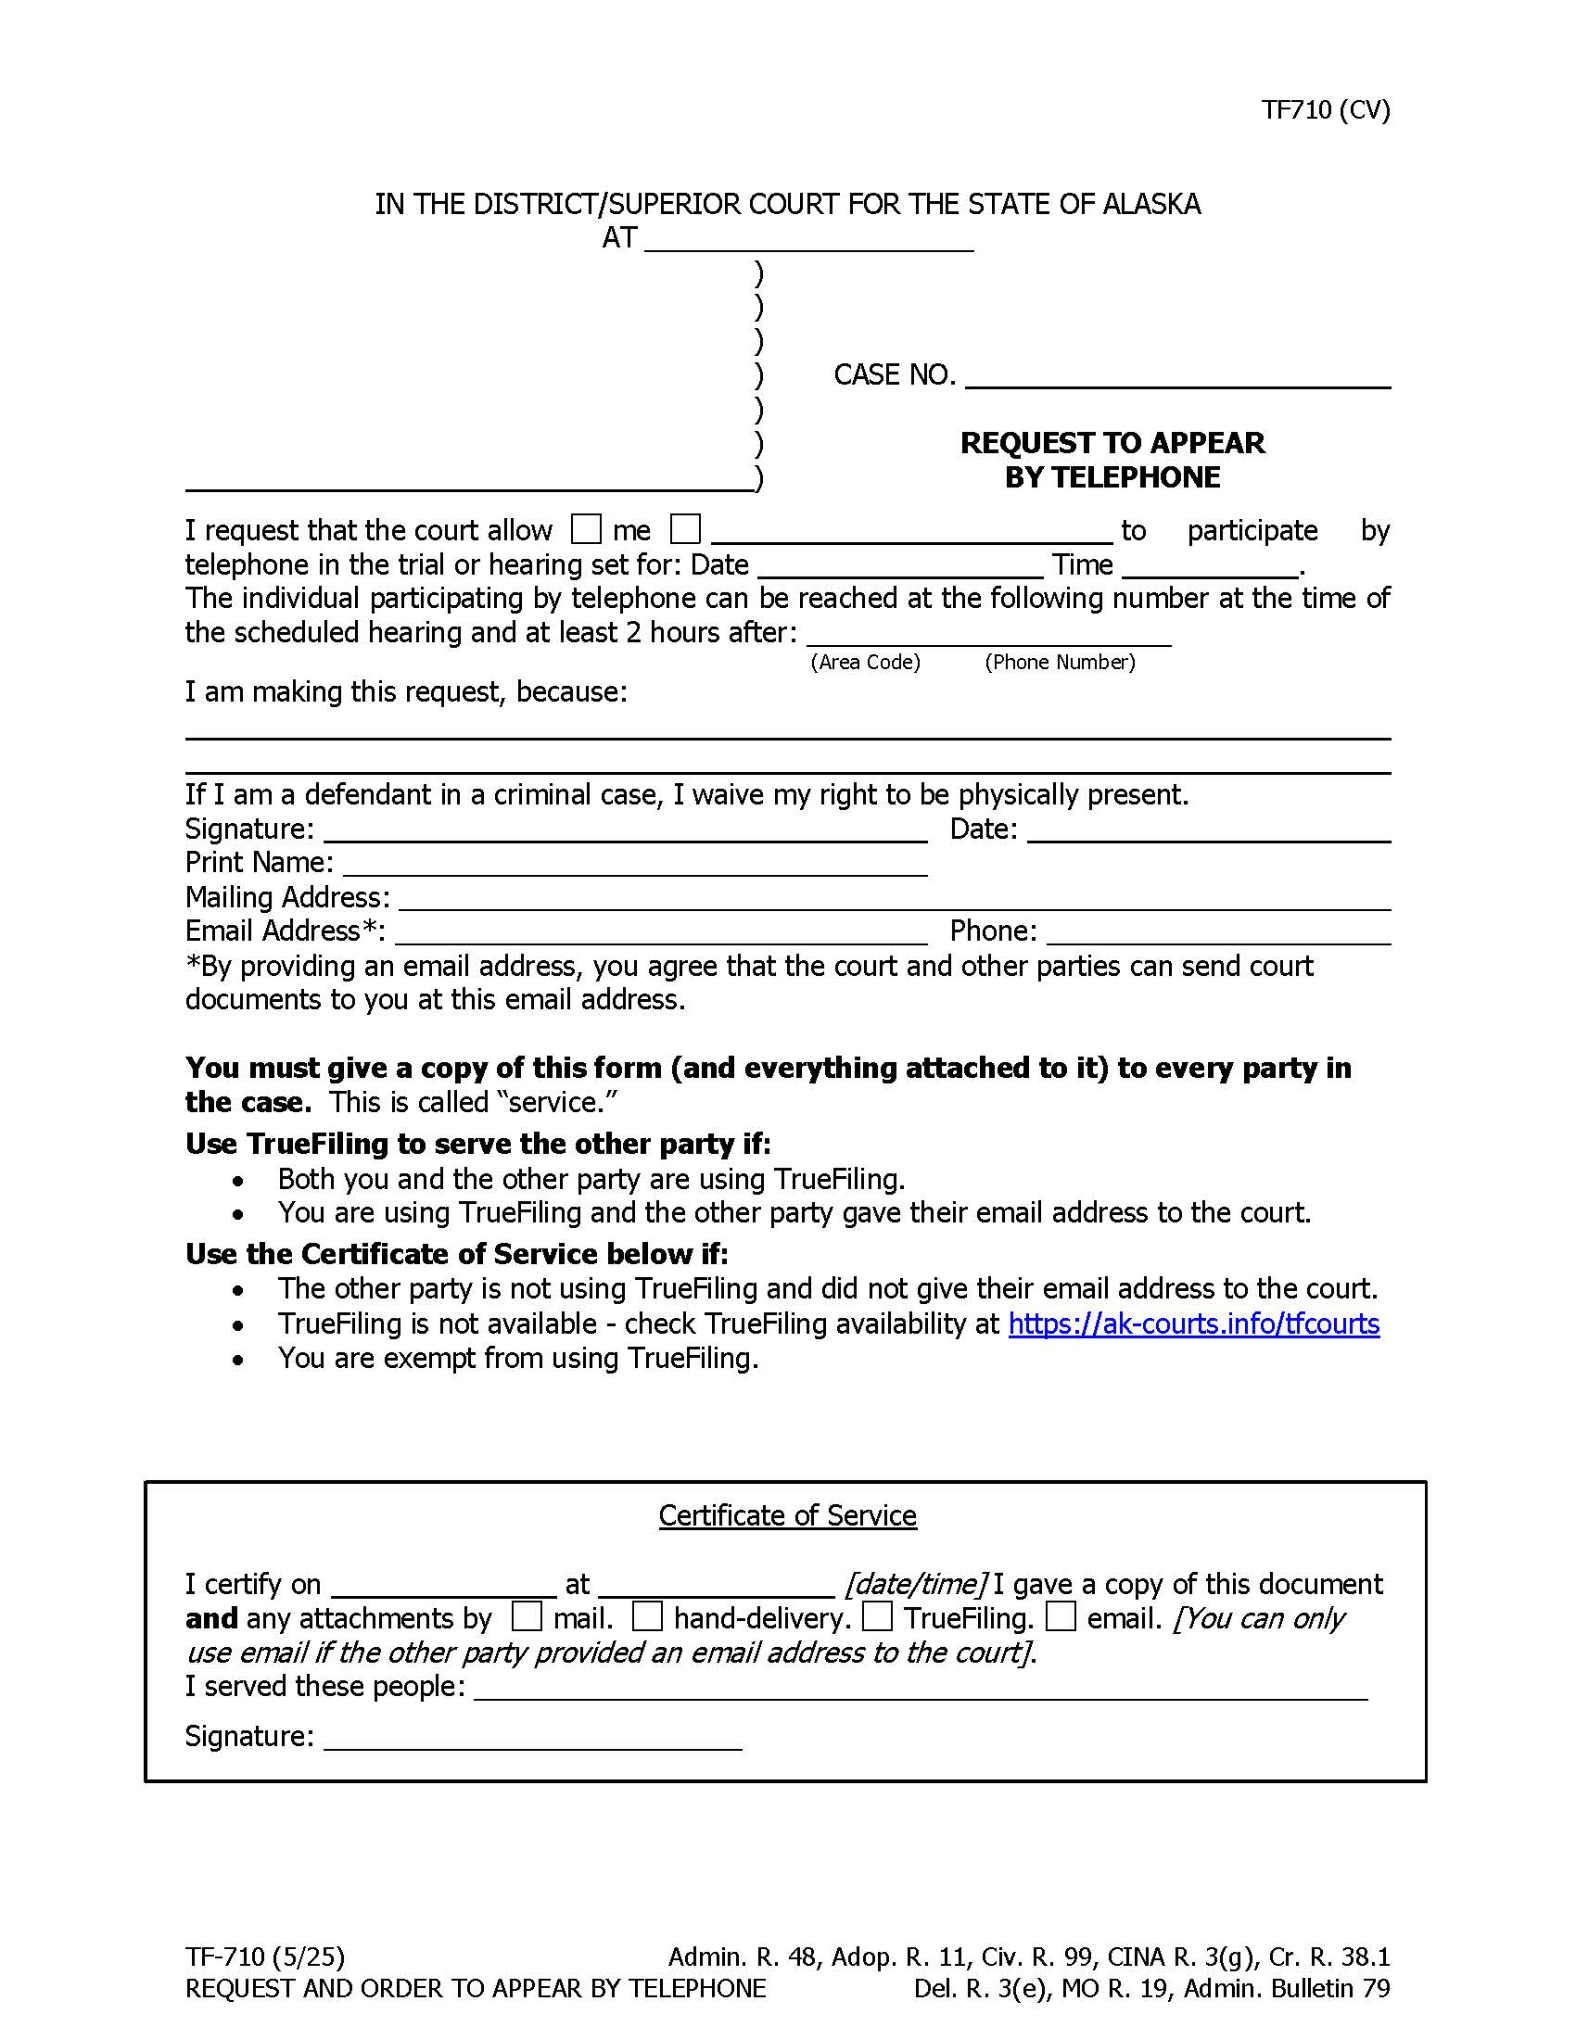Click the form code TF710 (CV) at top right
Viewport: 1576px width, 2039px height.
(x=1325, y=110)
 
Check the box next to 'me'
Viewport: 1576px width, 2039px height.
(x=585, y=529)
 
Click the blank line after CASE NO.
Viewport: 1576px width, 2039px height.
(x=1177, y=377)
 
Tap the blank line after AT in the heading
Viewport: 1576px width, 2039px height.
(x=808, y=240)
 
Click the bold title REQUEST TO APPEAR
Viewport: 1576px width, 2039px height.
(x=1111, y=442)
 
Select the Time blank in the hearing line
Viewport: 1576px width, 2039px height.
(x=1211, y=565)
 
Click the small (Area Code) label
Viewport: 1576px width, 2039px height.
(x=865, y=662)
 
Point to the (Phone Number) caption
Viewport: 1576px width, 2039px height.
(x=1060, y=662)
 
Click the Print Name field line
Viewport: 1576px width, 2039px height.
(x=635, y=865)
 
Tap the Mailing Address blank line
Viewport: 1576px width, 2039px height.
(x=894, y=899)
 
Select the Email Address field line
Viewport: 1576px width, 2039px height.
(x=660, y=932)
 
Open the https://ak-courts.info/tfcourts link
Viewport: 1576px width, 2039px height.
(x=1193, y=1323)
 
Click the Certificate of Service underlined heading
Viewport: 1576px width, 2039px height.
(x=787, y=1515)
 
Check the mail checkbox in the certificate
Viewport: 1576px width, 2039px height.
(x=527, y=1617)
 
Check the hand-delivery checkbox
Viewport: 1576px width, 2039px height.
(x=647, y=1617)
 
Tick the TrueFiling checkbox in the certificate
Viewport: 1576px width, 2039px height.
(x=877, y=1617)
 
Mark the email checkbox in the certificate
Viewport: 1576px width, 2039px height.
(x=1061, y=1617)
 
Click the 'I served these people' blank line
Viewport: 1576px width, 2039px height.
(x=920, y=1688)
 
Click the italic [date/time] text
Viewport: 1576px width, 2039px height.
(x=915, y=1584)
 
